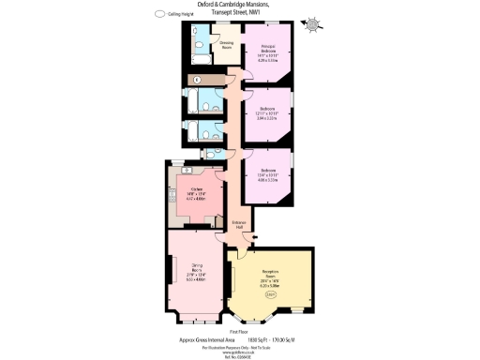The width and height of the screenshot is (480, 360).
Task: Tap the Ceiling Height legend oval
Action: click(160, 15)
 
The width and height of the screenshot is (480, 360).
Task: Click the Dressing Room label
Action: click(226, 43)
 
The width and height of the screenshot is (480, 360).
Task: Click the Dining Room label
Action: click(197, 267)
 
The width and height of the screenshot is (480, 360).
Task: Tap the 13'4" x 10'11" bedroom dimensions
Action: click(268, 174)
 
